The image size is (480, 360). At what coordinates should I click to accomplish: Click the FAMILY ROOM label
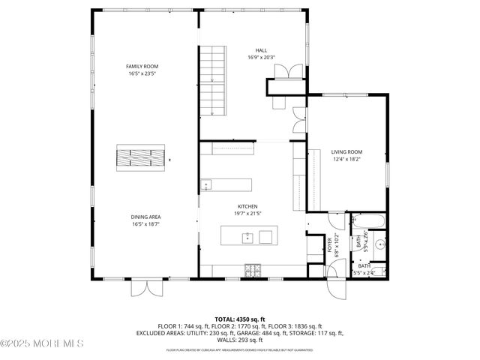[142, 67]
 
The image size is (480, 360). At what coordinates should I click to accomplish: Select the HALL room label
[261, 50]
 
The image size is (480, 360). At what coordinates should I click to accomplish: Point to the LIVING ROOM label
[346, 152]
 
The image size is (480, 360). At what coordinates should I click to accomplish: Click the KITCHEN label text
[247, 206]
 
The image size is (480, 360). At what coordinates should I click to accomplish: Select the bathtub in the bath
[368, 222]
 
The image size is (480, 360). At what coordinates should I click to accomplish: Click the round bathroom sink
[379, 244]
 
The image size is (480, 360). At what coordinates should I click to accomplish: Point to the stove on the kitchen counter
[252, 268]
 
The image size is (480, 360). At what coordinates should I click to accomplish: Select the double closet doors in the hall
[289, 72]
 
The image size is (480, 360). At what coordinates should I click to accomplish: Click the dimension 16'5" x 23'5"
[142, 73]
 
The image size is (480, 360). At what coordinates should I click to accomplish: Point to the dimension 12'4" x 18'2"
[346, 159]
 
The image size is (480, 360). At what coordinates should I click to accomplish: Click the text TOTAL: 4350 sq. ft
[240, 318]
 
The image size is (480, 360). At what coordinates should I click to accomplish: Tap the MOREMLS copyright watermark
[42, 343]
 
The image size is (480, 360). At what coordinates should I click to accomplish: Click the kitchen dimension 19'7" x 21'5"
[247, 213]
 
